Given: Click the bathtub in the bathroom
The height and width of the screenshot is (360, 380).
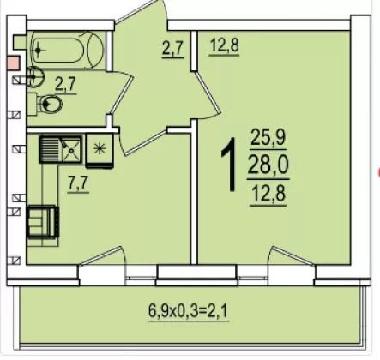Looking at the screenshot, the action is [x=67, y=51].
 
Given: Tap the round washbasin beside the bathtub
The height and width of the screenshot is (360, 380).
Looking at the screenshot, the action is [x=36, y=76].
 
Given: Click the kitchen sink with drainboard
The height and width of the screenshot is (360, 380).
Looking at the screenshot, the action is [x=61, y=149].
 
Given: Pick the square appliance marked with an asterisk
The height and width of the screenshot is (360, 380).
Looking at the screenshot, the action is [x=100, y=150].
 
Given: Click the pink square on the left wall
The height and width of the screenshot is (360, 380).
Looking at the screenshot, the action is [x=13, y=63].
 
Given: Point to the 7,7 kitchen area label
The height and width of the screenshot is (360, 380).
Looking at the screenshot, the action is [x=78, y=183].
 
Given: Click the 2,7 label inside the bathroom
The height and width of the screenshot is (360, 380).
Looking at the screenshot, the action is [x=66, y=85].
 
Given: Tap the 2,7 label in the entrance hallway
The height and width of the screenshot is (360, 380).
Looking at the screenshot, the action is [x=172, y=49].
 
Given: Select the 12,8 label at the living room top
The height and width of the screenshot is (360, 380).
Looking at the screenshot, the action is [x=225, y=45].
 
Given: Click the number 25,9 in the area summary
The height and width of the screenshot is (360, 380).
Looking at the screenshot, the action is [x=268, y=138].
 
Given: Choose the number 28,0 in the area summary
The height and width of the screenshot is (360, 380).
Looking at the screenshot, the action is [x=268, y=165].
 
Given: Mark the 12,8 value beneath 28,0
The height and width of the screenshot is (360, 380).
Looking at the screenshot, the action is [x=268, y=194].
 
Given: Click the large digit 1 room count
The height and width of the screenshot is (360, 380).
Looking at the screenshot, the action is [x=230, y=165].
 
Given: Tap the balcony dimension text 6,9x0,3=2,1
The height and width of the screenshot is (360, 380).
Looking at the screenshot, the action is [x=189, y=311].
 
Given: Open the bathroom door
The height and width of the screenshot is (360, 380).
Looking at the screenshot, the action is [x=123, y=93].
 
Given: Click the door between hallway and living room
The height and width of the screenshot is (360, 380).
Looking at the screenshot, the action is [x=207, y=94].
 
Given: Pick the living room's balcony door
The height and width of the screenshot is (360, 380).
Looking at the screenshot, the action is [x=293, y=256].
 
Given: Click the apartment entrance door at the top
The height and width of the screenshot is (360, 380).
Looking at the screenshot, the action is [x=140, y=12].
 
